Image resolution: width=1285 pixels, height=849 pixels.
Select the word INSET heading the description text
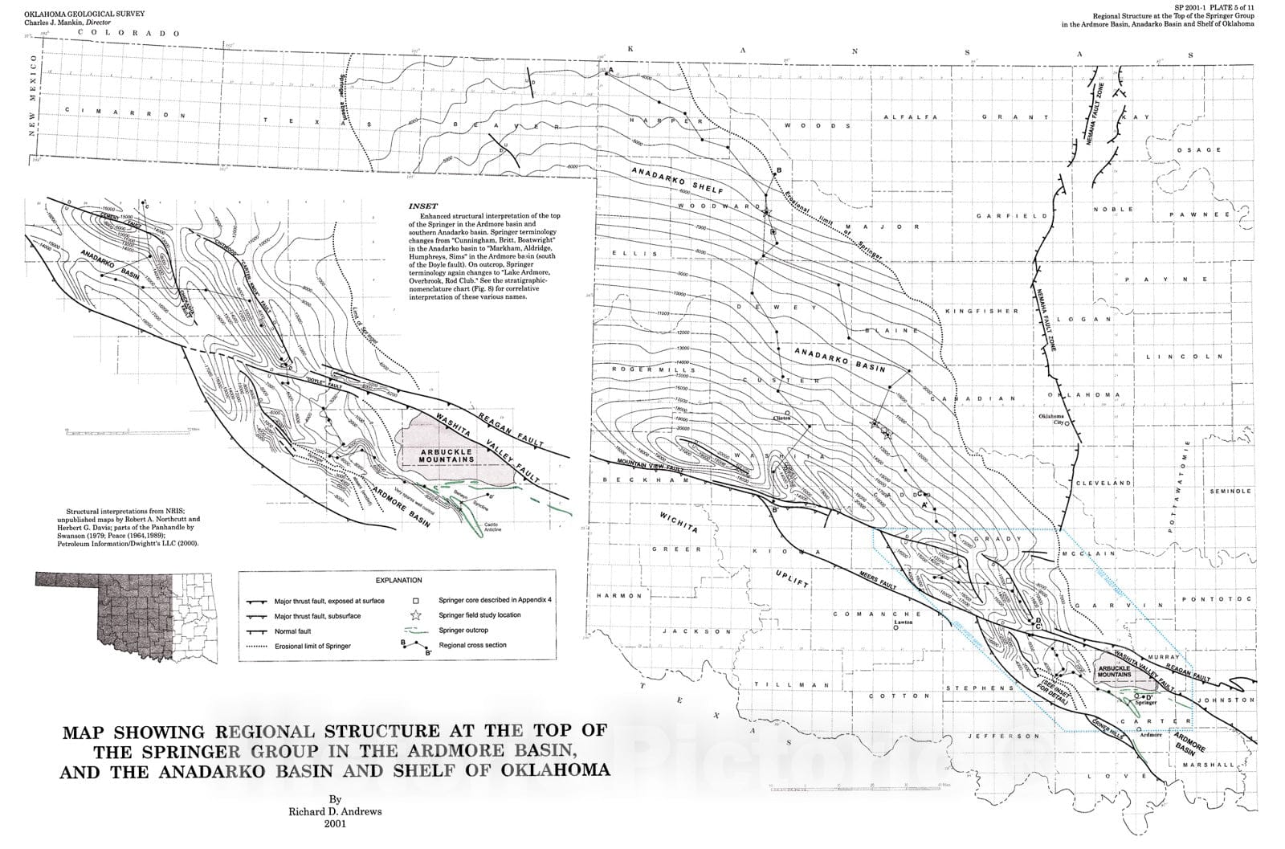point(423,206)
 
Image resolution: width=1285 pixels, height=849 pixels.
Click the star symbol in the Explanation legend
point(416,615)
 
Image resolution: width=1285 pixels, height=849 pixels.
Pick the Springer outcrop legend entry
point(463,631)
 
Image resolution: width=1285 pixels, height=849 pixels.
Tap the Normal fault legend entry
point(292,631)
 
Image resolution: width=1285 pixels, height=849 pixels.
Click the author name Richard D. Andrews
point(335,811)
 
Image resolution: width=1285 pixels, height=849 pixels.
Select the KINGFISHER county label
point(981,311)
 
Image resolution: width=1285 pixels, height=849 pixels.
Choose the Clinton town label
point(781,418)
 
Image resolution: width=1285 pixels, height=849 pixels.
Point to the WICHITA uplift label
point(679,522)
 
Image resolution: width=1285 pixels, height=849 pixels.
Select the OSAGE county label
point(1198,150)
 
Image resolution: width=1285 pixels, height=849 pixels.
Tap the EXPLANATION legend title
point(398,580)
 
